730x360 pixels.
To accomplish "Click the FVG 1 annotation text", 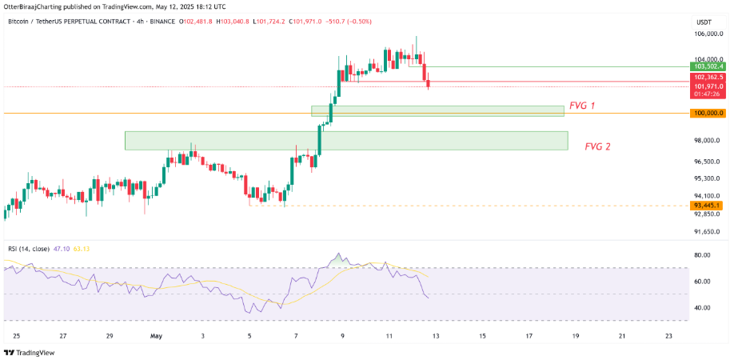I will click(x=582, y=106).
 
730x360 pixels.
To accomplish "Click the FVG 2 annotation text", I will click(x=598, y=146).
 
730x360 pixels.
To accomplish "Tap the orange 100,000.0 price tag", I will click(x=708, y=114).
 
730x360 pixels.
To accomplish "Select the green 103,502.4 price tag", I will click(x=708, y=67).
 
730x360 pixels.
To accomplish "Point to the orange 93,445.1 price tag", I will click(x=708, y=206).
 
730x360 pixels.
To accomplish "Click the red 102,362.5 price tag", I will click(x=708, y=77).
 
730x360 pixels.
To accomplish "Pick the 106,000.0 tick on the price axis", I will click(x=708, y=34).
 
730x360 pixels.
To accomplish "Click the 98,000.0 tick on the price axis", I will click(x=708, y=141).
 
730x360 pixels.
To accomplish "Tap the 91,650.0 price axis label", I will click(x=708, y=232).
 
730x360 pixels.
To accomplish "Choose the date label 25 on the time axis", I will click(x=16, y=337).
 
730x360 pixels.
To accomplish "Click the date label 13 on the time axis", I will click(x=436, y=337).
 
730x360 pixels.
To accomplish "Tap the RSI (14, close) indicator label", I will click(x=37, y=249).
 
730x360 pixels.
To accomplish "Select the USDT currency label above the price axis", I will click(x=704, y=22).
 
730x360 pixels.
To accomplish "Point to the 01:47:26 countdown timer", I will click(x=708, y=94).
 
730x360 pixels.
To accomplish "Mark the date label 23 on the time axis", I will click(x=668, y=337).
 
